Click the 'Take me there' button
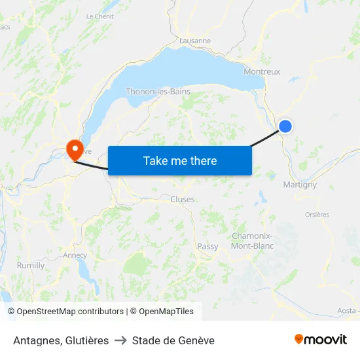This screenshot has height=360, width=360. point(180,160)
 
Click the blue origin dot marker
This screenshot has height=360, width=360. point(285,126)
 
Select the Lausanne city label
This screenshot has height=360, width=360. point(195,40)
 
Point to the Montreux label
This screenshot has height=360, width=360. point(262,72)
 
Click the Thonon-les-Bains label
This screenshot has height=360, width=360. point(158,92)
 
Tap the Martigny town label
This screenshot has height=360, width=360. point(300,185)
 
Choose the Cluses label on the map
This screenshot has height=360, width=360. point(183,200)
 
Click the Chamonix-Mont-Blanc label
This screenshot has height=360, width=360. point(253,241)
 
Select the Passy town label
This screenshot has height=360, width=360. point(207,247)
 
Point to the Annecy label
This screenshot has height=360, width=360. point(75,255)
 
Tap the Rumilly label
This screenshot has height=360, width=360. point(31,266)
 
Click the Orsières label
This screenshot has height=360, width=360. point(317,215)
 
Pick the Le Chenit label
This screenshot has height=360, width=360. point(100,16)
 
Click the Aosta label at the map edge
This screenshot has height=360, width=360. point(346,310)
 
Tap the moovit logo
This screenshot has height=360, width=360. point(321,339)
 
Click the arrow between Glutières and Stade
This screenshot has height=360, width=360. point(120,340)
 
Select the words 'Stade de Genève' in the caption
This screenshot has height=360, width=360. point(173,340)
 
